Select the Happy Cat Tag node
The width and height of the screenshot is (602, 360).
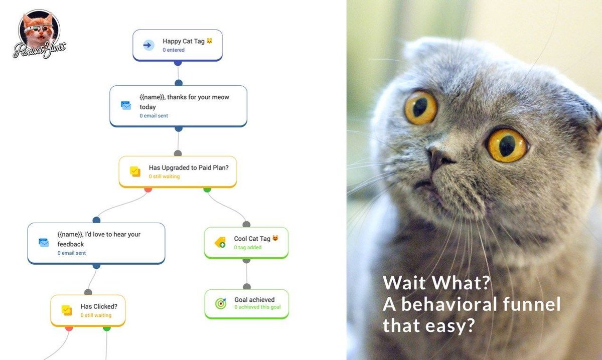tap(177, 45)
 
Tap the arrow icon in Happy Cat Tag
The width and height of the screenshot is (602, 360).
tap(147, 45)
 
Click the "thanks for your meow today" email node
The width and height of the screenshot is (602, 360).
tap(178, 106)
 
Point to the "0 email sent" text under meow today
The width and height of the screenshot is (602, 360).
tap(154, 116)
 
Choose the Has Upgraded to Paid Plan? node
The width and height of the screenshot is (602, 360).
tap(178, 171)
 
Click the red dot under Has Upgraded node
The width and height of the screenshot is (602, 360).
tap(148, 189)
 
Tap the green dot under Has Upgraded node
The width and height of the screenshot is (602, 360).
tap(207, 189)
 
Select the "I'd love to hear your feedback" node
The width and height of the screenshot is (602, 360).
tap(96, 243)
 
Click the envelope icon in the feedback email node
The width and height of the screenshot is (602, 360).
tap(44, 243)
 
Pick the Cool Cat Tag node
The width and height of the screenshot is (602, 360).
tap(246, 243)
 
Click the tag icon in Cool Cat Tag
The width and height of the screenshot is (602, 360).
tap(220, 243)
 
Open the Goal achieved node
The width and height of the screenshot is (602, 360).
tap(247, 304)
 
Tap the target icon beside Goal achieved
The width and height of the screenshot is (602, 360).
tap(221, 304)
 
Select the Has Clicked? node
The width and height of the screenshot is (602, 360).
tap(88, 310)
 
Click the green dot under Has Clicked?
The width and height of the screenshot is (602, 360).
tap(107, 328)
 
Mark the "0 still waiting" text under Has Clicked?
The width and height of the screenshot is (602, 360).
tap(96, 315)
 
